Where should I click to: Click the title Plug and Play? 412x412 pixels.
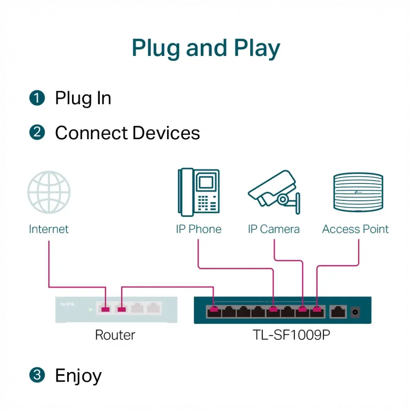click(206, 48)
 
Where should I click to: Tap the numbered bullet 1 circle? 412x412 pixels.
click(37, 98)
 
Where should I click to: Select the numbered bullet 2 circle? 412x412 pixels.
click(37, 133)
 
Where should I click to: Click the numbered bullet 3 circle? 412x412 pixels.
click(37, 375)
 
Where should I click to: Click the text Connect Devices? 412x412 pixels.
click(127, 133)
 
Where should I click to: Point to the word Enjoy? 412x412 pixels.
click(78, 375)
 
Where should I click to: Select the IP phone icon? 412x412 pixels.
click(198, 192)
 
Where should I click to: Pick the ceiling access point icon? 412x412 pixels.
click(358, 193)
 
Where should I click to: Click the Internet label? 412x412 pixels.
click(49, 229)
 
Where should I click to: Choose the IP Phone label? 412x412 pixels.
click(199, 229)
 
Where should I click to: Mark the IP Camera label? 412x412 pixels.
click(274, 229)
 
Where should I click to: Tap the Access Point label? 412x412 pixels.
click(356, 229)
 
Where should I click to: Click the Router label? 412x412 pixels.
click(115, 335)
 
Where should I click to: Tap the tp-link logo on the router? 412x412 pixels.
click(67, 304)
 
